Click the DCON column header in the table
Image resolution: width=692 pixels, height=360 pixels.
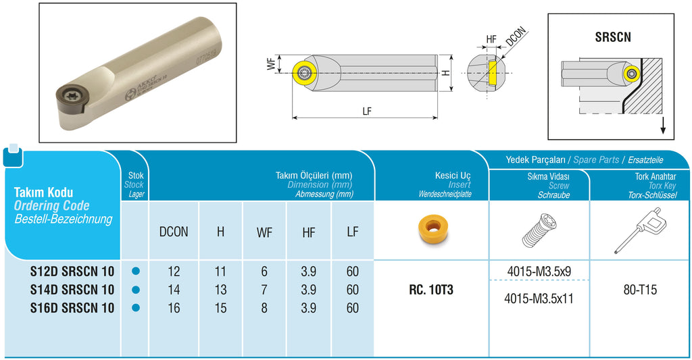(174, 232)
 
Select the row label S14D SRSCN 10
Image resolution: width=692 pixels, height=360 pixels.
(72, 289)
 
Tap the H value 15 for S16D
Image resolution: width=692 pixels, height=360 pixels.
(220, 307)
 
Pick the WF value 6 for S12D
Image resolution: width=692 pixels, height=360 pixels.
(264, 272)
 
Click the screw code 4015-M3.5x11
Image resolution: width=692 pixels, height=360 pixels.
(539, 299)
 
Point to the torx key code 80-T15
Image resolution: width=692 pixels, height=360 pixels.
(640, 289)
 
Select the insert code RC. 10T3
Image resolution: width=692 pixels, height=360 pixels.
(430, 289)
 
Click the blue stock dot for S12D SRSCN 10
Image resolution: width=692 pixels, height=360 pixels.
(136, 271)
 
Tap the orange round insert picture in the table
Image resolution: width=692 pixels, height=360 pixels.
(431, 229)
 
